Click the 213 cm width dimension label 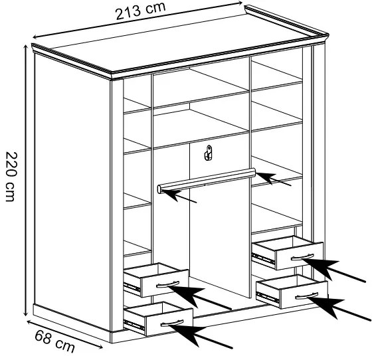click(140, 11)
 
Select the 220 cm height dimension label click(11, 177)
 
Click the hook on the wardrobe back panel click(208, 153)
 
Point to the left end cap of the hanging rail click(159, 189)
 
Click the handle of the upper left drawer click(168, 285)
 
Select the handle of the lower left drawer click(172, 323)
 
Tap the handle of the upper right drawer click(302, 257)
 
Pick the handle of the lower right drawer click(306, 296)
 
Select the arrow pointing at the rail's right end click(274, 179)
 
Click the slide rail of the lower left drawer click(134, 325)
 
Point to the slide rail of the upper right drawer click(263, 258)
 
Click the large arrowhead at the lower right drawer click(326, 306)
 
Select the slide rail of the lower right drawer click(268, 297)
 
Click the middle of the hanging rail click(207, 179)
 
